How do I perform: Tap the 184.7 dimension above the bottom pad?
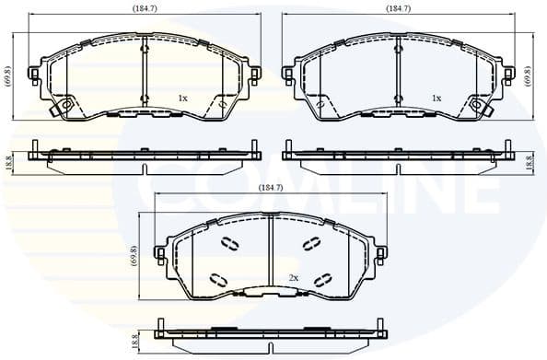coord(270,187)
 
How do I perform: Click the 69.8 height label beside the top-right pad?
coord(528,75)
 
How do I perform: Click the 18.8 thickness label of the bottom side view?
coord(134,342)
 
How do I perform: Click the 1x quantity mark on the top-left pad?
coord(182,98)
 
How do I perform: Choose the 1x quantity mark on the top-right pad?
coord(436,98)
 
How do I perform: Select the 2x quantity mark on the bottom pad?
coord(293,277)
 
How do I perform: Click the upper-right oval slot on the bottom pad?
coord(311,244)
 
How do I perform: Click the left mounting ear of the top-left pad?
coord(34,73)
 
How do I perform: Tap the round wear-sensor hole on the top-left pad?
coord(65,106)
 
